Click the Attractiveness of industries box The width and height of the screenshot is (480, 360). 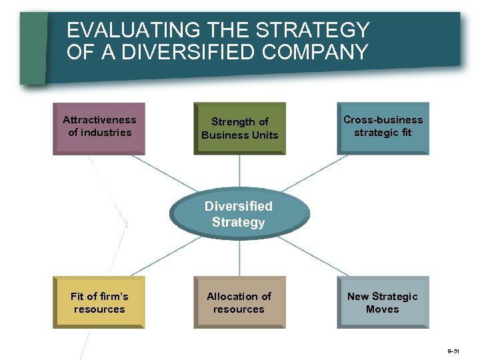pos(99,127)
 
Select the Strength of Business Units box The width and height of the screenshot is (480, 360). pos(239,128)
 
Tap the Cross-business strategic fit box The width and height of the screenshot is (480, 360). pos(383,127)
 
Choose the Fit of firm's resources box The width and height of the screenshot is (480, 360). pos(99,302)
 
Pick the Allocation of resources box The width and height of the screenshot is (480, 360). pos(239,302)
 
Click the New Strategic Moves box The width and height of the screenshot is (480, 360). pos(383,302)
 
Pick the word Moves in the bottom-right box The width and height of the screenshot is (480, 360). pos(383,309)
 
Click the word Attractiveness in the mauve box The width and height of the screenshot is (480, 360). pos(99,120)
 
